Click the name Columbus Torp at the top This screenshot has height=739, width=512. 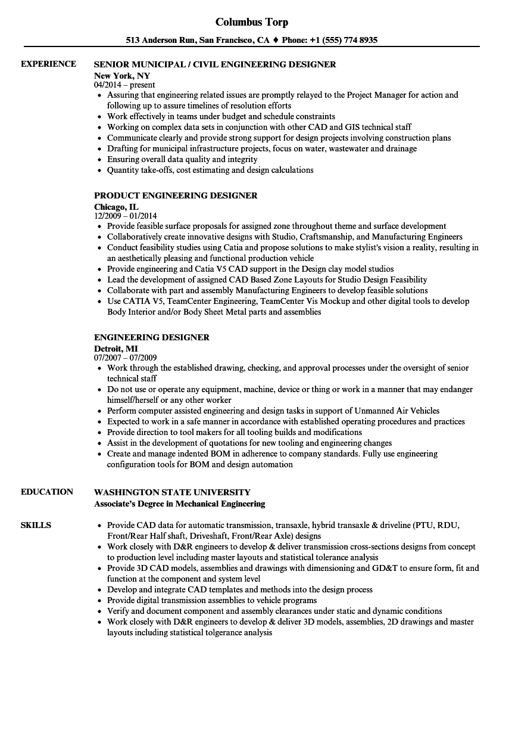click(x=251, y=22)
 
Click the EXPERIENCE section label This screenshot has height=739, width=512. click(x=48, y=64)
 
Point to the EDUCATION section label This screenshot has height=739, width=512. click(x=47, y=492)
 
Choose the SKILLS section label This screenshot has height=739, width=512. click(x=36, y=525)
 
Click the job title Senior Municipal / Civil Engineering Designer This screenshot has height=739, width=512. click(x=215, y=64)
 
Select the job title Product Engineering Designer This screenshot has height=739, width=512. click(x=176, y=195)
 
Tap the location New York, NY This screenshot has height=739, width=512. click(x=122, y=76)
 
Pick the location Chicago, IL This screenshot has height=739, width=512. click(x=116, y=207)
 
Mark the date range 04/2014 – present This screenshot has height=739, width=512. click(x=124, y=85)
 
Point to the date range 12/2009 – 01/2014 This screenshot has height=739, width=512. click(x=126, y=216)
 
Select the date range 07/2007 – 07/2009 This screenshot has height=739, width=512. click(x=126, y=358)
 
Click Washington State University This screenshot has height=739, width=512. click(x=172, y=492)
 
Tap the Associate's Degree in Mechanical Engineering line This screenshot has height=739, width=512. click(x=179, y=504)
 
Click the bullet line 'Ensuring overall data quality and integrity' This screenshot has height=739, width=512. click(x=182, y=159)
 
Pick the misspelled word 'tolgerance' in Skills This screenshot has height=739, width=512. click(x=216, y=632)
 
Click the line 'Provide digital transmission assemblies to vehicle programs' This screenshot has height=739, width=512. click(x=212, y=600)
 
